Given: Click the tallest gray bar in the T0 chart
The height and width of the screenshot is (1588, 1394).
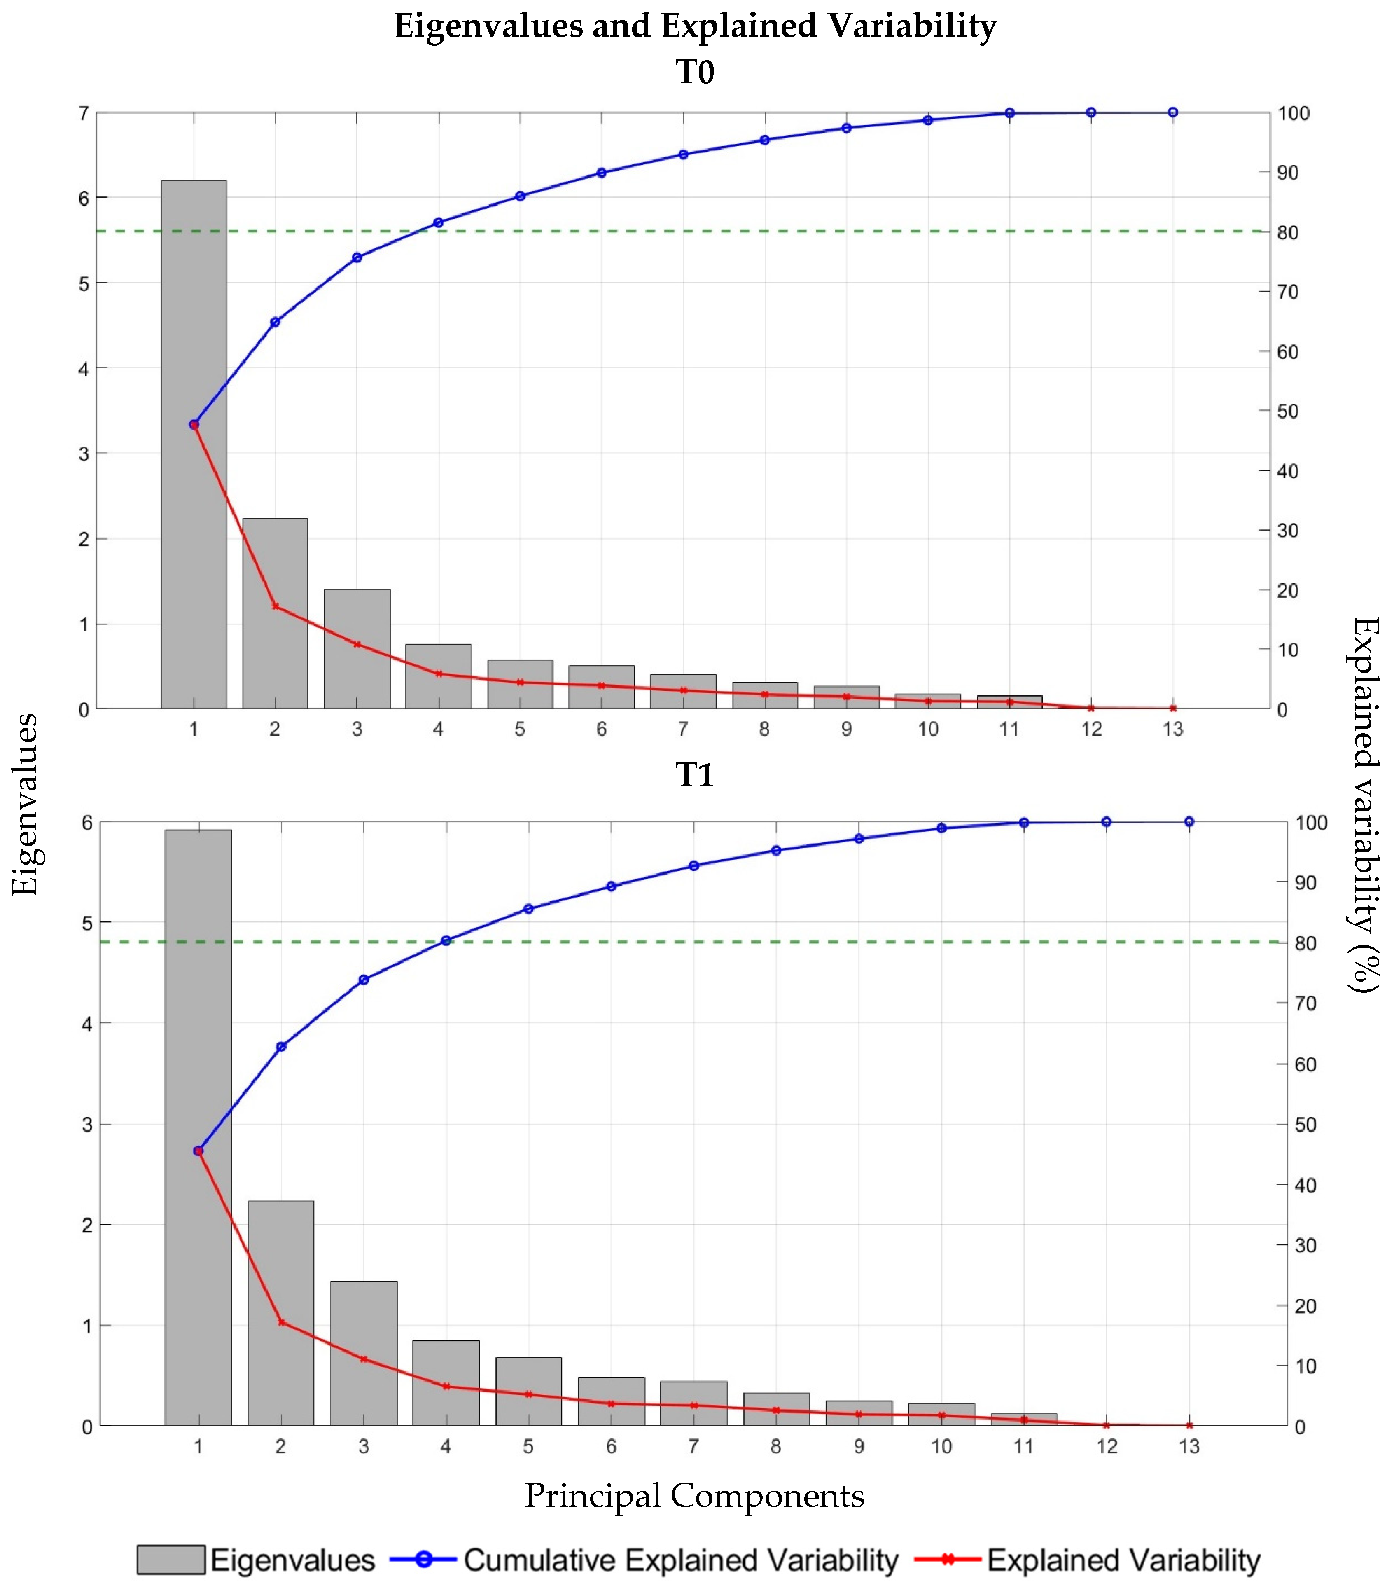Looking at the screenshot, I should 194,443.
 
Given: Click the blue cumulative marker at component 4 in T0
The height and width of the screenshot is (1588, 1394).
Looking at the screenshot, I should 438,222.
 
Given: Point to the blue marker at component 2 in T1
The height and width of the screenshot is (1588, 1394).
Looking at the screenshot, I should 281,1046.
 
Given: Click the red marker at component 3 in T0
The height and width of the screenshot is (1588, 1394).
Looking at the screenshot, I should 357,644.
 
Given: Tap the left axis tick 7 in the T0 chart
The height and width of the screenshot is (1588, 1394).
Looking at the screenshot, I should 83,113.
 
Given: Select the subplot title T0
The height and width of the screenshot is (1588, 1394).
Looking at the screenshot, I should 694,72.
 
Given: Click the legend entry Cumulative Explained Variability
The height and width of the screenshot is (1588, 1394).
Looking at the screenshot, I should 680,1559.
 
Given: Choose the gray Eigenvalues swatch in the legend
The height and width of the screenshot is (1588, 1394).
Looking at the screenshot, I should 171,1559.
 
